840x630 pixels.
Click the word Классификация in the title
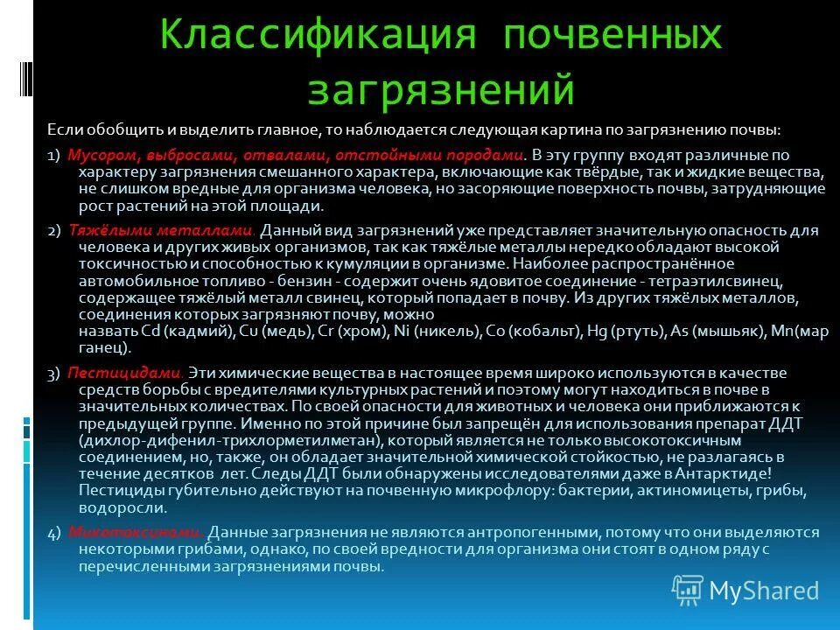tap(318, 37)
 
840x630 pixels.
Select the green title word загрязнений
tap(441, 89)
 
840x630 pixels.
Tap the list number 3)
tap(53, 374)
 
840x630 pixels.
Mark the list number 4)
tap(53, 533)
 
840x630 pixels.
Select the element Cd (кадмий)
tap(187, 332)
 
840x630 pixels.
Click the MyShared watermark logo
tap(745, 591)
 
